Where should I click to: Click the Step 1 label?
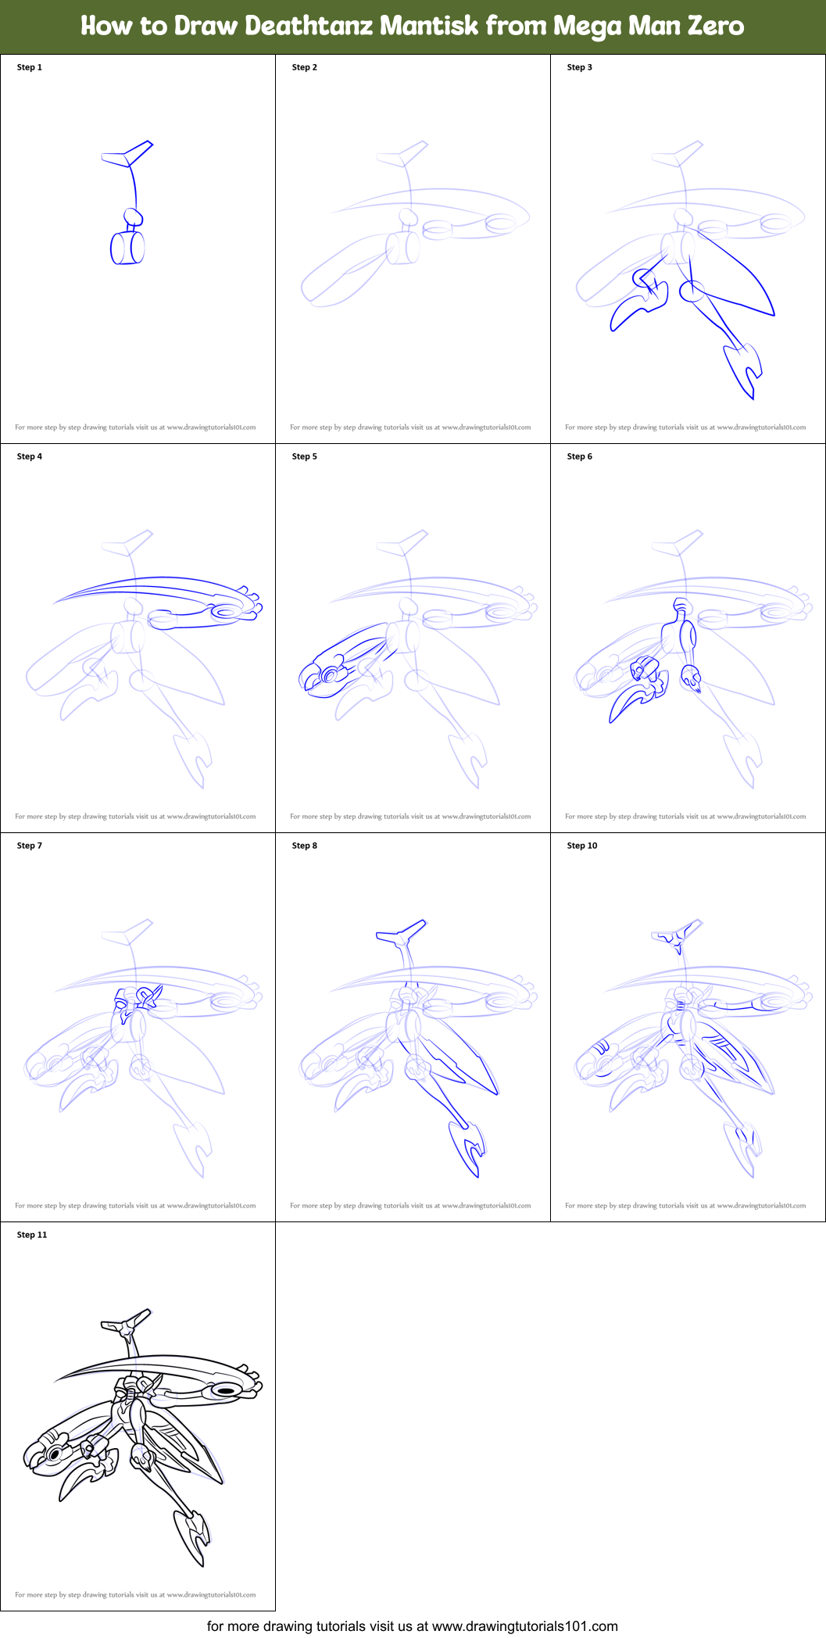pos(30,67)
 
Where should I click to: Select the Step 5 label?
pos(305,456)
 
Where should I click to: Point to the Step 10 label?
pos(582,846)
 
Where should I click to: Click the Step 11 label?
pos(32,1235)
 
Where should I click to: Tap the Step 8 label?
pos(305,846)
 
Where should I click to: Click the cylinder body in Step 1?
pos(127,249)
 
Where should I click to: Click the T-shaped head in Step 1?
pos(129,154)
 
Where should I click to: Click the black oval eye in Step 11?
pos(226,1390)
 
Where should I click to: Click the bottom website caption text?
pos(413,1625)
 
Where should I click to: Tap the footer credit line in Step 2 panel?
pos(410,427)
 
